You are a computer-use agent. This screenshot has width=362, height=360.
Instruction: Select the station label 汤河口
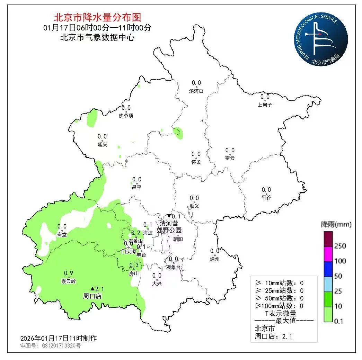click(x=196, y=91)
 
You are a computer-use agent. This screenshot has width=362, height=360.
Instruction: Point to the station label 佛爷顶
click(x=126, y=116)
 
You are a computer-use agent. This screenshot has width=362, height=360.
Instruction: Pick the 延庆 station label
click(x=102, y=144)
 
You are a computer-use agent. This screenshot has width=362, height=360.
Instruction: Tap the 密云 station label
click(x=230, y=158)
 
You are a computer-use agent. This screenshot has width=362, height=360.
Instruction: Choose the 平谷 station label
click(x=266, y=198)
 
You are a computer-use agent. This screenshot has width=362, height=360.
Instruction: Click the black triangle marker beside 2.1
click(x=92, y=288)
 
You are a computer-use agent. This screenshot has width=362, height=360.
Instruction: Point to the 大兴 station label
click(x=157, y=284)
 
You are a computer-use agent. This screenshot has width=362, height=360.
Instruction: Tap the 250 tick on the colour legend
click(x=340, y=246)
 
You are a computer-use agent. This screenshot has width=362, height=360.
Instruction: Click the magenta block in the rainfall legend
click(x=328, y=253)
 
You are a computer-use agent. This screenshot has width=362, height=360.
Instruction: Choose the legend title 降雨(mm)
click(x=336, y=225)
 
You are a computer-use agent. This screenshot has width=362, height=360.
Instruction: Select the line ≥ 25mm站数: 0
click(x=279, y=291)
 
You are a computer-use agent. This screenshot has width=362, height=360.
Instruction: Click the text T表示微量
click(x=281, y=314)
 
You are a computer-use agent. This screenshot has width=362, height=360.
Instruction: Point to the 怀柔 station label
click(x=196, y=162)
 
